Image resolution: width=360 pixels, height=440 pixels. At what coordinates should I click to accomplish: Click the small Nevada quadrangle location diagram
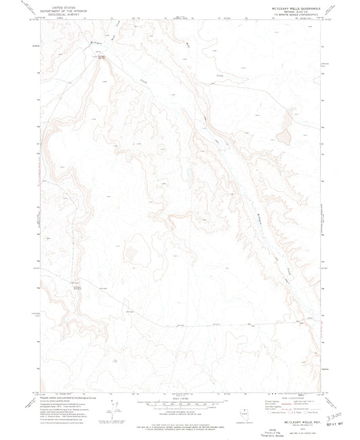pyautogui.click(x=246, y=406)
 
